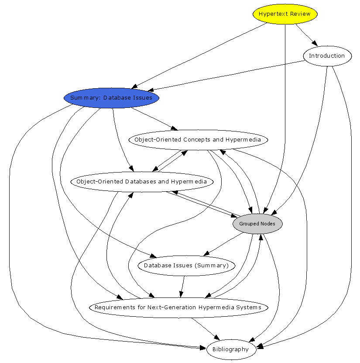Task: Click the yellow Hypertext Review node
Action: click(285, 14)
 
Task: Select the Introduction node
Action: click(327, 56)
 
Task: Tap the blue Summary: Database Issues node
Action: click(111, 98)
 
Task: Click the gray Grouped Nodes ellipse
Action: click(257, 224)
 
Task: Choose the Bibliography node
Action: click(231, 349)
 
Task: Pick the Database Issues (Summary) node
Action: click(186, 266)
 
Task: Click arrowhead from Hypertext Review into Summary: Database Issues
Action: click(134, 86)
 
